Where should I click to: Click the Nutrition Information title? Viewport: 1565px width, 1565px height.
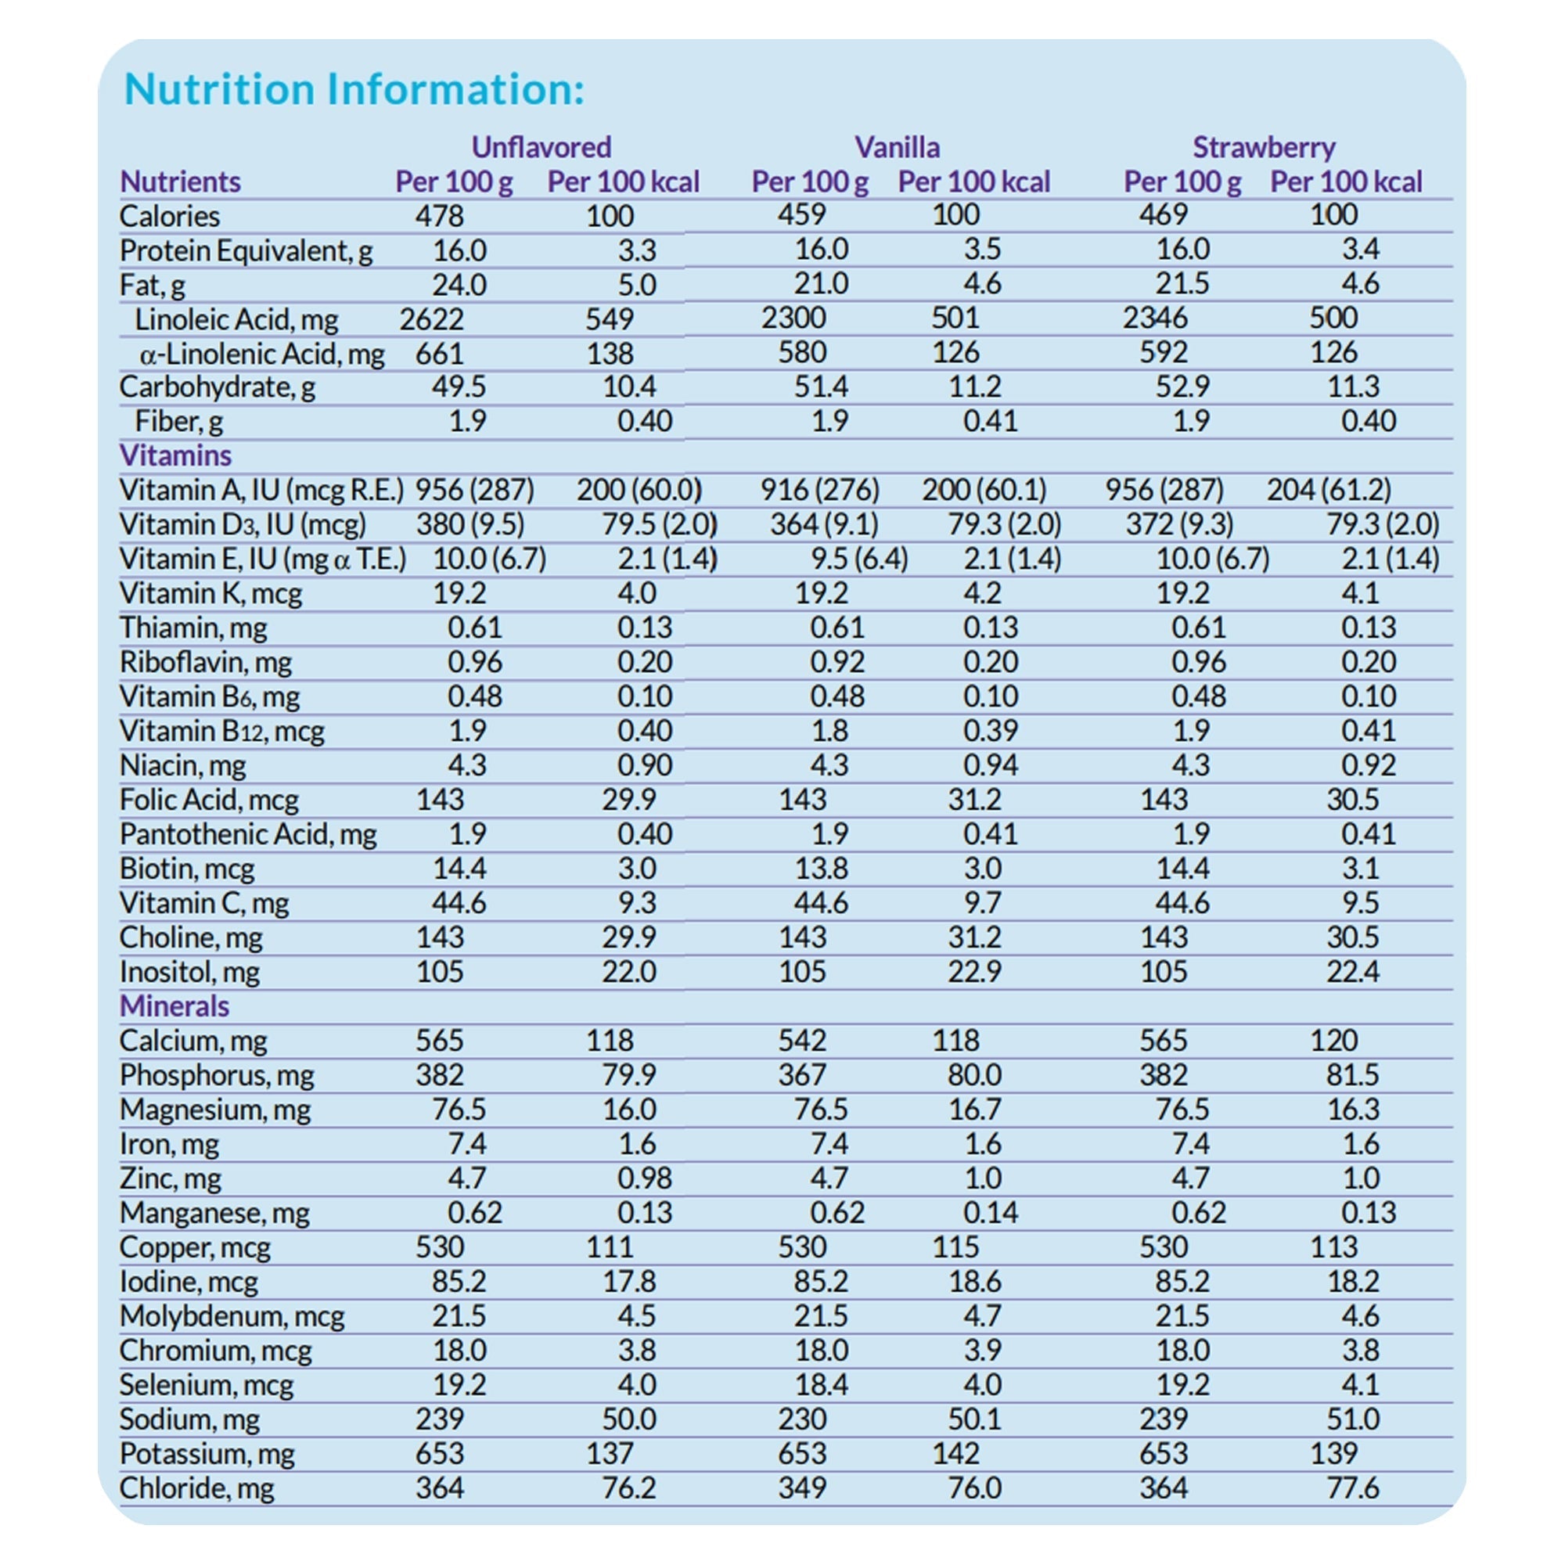pos(354,89)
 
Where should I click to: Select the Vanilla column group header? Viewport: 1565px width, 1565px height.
pos(897,147)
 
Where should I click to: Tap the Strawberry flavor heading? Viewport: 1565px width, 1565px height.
pos(1263,147)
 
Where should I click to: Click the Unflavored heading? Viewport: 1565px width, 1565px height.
pos(541,147)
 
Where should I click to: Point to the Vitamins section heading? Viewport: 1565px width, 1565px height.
pos(175,455)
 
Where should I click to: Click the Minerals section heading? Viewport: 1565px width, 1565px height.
pos(174,1006)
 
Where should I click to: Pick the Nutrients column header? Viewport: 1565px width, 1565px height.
pos(180,182)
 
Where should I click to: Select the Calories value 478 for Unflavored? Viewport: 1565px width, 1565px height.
pos(439,216)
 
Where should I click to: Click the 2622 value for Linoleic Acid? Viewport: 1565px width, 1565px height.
pos(431,319)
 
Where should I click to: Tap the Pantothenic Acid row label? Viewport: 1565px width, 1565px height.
pos(248,834)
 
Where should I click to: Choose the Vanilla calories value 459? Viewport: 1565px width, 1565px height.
pos(801,214)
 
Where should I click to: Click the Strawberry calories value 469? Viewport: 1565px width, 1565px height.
pos(1164,214)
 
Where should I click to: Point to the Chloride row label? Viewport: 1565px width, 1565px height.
pos(197,1488)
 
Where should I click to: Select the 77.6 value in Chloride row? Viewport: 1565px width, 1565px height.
pos(1352,1488)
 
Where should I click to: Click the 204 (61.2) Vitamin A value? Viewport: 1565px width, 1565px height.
pos(1329,489)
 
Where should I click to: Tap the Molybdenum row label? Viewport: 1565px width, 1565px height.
pos(232,1316)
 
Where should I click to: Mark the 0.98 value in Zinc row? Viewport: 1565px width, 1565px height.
pos(644,1178)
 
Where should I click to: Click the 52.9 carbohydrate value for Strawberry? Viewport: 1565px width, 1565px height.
pos(1182,387)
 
